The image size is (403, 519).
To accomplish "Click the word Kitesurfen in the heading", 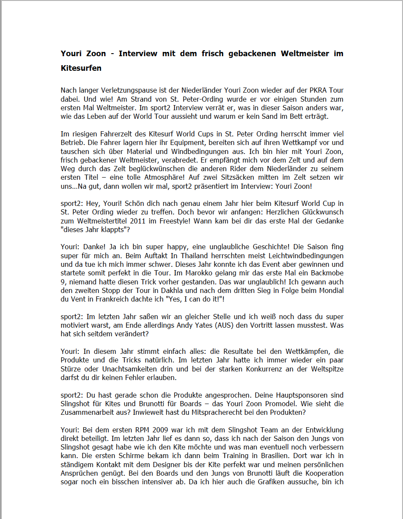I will tap(81, 68).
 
